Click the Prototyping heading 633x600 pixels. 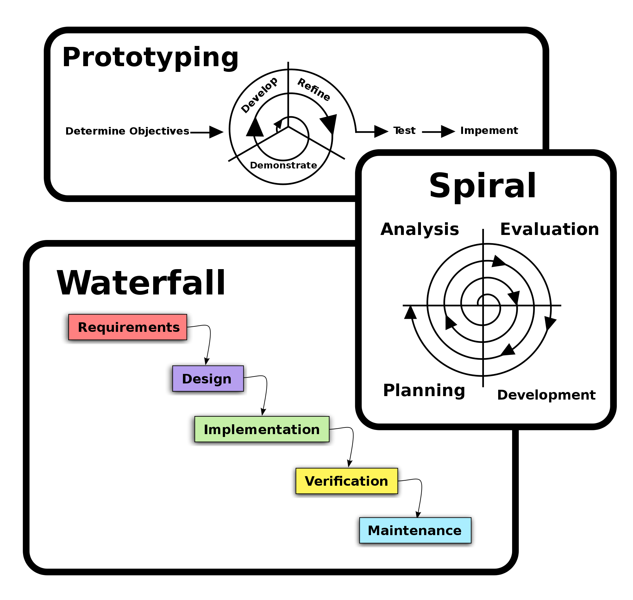coord(150,58)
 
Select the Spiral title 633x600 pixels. coord(482,186)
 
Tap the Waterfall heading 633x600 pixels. coord(141,283)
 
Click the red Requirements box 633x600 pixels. coord(128,327)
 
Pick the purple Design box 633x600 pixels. coord(208,379)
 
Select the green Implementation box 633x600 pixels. coord(261,429)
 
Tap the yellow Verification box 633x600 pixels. coord(347,481)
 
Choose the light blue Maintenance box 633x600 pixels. coord(415,530)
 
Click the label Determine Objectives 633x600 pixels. coord(127,131)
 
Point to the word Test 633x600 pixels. coord(404,130)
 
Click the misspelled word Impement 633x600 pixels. coord(489,130)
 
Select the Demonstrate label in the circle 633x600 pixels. coord(283,165)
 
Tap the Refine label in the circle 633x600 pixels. coord(314,90)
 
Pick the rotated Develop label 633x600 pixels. coord(259,95)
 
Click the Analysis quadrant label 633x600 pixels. coord(419,229)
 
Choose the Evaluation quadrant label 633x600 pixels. coord(549,229)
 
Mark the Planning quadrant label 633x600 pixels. coord(424,390)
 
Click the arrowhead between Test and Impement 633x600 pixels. coord(448,131)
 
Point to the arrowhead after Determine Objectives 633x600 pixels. coord(216,132)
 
